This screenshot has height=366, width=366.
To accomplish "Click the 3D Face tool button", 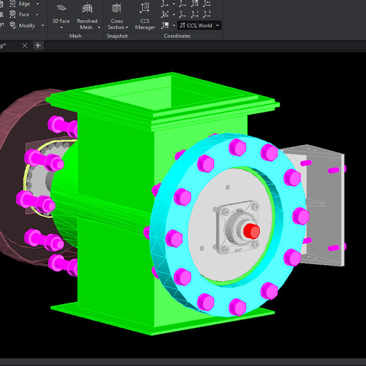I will click(x=61, y=15).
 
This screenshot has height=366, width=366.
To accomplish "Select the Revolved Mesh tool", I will click(x=87, y=15).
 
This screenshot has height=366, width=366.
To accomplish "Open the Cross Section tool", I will click(x=117, y=15).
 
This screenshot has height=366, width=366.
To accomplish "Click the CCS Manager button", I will click(x=145, y=15).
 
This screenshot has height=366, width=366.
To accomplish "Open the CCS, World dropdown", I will click(x=199, y=26).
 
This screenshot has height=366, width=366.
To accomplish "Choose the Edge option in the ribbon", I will click(x=24, y=4).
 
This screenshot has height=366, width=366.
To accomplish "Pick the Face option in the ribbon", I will click(x=23, y=14).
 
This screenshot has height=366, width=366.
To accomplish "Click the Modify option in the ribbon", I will click(x=26, y=26).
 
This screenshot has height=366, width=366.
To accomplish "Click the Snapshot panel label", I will click(x=117, y=36).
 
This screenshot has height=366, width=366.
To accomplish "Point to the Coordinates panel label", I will click(x=177, y=36).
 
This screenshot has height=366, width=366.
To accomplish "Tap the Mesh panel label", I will click(x=75, y=36).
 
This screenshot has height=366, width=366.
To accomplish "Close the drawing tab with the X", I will click(x=24, y=46).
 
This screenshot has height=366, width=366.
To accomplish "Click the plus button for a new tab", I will click(x=38, y=46).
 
